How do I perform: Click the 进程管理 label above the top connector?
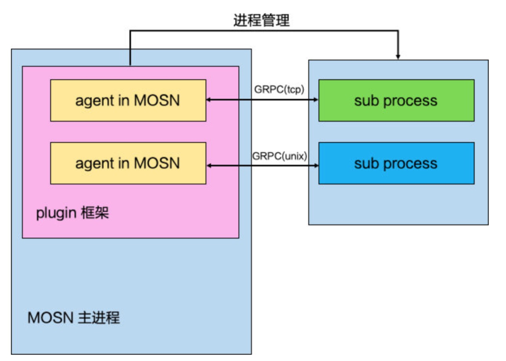tap(261, 20)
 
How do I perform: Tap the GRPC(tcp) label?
tap(279, 89)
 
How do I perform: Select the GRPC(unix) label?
tap(279, 156)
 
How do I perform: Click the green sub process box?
tap(396, 100)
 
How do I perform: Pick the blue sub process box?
tap(396, 163)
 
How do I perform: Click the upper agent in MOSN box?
tap(128, 100)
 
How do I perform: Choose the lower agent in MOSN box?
tap(128, 163)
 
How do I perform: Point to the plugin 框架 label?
tap(72, 213)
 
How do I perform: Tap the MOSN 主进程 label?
tap(74, 317)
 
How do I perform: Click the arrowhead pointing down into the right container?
tap(398, 57)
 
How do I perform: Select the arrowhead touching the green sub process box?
tap(316, 100)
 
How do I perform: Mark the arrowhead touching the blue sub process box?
tap(316, 165)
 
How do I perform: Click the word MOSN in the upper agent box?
tap(157, 100)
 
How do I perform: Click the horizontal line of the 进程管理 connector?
tap(264, 30)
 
